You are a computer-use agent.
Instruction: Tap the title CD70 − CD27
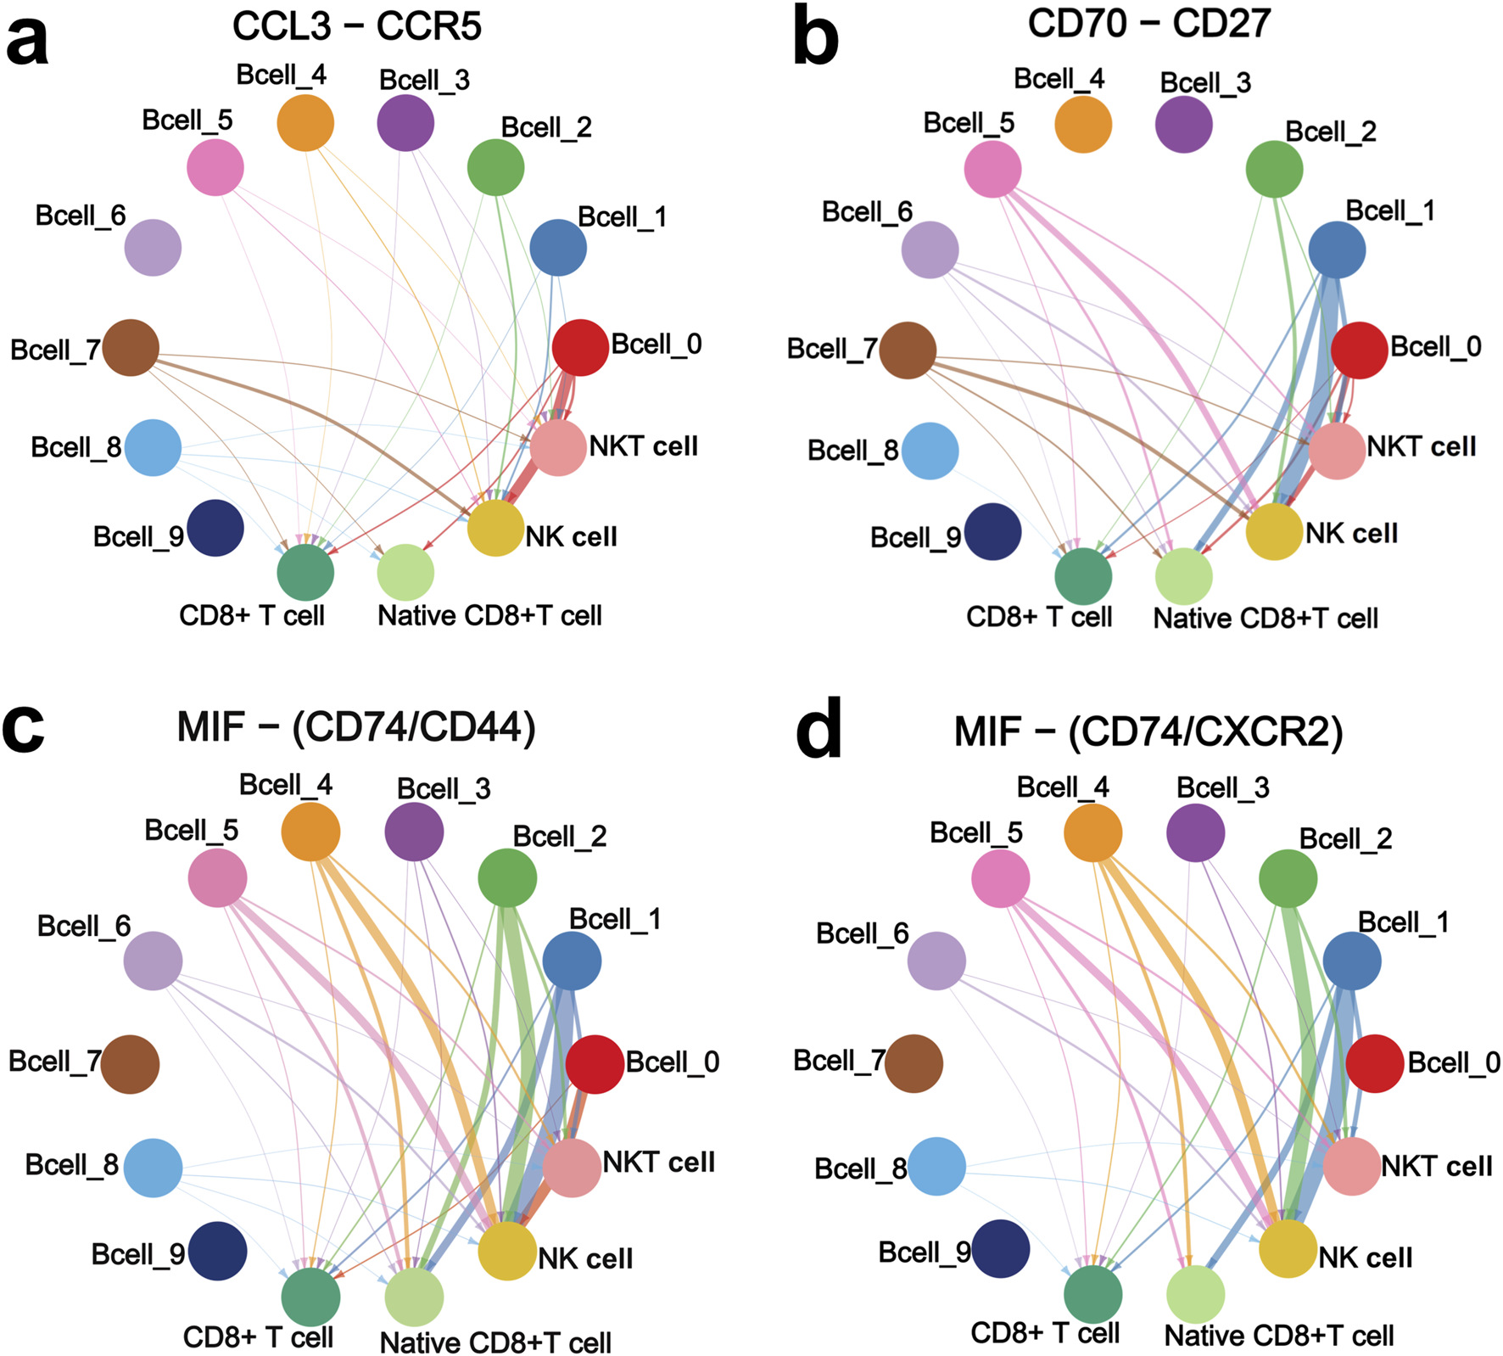pos(1149,23)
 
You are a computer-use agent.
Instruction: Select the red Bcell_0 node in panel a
pos(580,347)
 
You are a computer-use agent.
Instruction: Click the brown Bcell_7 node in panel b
pos(908,350)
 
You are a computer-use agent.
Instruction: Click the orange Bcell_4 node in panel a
pos(305,123)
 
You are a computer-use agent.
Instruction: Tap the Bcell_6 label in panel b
pos(867,212)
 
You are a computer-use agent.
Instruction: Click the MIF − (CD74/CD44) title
pos(356,727)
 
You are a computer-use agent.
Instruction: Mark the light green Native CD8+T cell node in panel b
pos(1184,576)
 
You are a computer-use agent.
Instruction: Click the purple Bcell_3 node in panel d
pos(1196,832)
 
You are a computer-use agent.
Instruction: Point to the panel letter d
pos(819,729)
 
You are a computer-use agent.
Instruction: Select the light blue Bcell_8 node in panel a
pos(153,447)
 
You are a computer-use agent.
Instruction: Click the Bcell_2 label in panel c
pos(560,837)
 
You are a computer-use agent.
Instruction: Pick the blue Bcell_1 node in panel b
pos(1337,250)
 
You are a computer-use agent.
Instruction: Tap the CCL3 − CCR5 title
pos(357,26)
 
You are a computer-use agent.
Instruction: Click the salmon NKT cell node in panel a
pos(558,447)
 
